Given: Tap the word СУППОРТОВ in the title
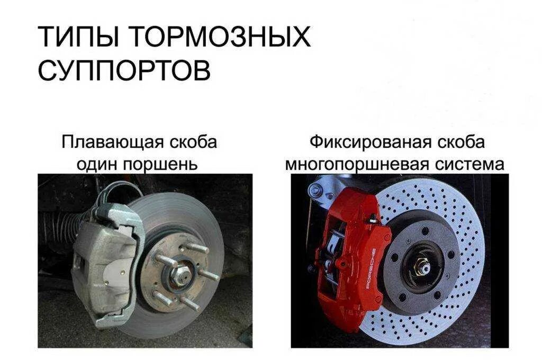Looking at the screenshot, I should pyautogui.click(x=124, y=70).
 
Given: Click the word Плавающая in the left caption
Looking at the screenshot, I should pyautogui.click(x=112, y=143).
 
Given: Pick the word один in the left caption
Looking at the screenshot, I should pyautogui.click(x=99, y=164).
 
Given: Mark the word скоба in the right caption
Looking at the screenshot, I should pyautogui.click(x=462, y=143).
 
